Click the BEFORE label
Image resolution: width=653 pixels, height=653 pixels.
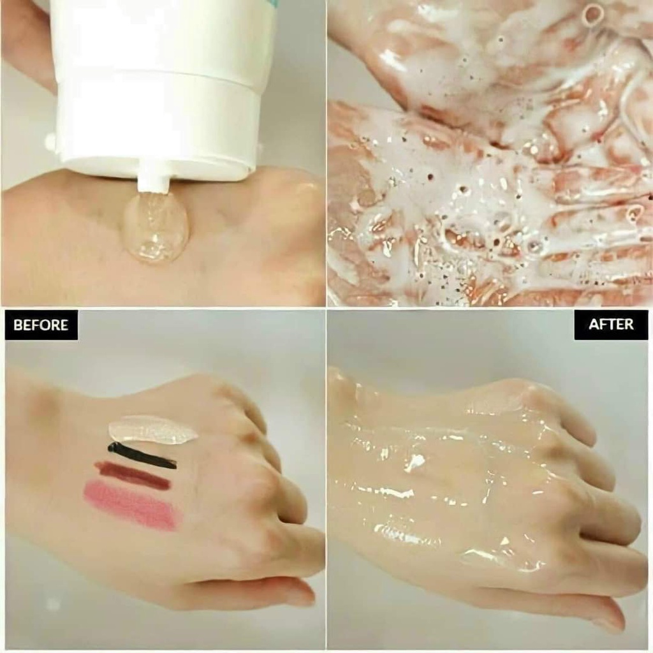pyautogui.click(x=41, y=325)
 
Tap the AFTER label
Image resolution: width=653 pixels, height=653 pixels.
pyautogui.click(x=611, y=324)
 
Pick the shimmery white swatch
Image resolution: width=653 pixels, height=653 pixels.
pyautogui.click(x=152, y=430)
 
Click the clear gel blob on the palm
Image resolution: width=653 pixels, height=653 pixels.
pyautogui.click(x=156, y=228)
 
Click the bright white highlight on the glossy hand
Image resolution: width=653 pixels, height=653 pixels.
pyautogui.click(x=415, y=462)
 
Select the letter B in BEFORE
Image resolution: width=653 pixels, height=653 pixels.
pyautogui.click(x=17, y=325)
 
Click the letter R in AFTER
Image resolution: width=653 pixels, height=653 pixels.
pyautogui.click(x=629, y=324)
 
